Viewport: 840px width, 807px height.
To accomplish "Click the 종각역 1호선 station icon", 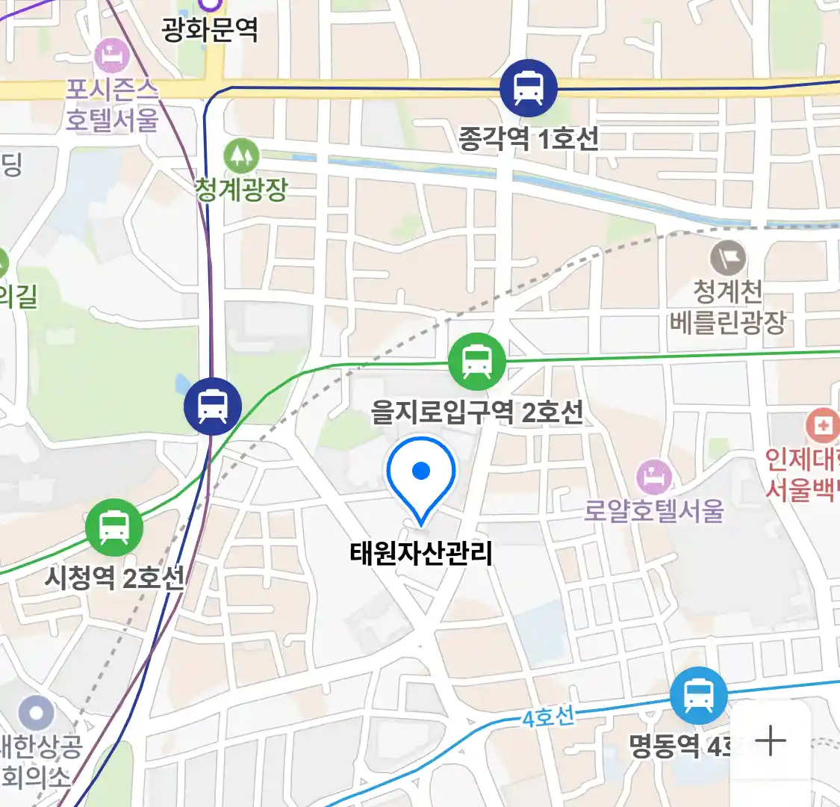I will click(529, 88).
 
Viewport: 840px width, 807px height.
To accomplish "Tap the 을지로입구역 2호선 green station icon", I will click(476, 362).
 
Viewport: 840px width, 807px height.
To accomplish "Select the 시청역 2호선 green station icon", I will click(113, 527).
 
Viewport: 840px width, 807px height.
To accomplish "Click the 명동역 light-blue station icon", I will click(697, 696).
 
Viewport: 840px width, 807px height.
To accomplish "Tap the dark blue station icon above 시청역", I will click(213, 406).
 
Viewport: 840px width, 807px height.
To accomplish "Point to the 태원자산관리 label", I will click(421, 554).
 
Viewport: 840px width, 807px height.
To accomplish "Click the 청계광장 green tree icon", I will click(240, 155).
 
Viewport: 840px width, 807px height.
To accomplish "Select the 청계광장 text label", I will click(241, 188).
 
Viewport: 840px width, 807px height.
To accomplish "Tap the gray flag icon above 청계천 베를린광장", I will click(727, 259).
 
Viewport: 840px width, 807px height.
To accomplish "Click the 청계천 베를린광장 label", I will click(727, 306).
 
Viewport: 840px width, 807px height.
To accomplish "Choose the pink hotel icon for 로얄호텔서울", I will click(653, 477).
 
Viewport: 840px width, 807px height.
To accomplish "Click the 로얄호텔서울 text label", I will click(653, 511).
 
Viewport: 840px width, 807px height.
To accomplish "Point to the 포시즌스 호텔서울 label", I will click(112, 105).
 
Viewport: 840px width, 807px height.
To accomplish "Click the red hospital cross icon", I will click(823, 426).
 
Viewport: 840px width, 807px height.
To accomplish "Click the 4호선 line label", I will click(548, 718).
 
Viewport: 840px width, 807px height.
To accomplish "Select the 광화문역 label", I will click(210, 30).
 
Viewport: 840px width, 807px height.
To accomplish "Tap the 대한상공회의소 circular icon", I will click(36, 714).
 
